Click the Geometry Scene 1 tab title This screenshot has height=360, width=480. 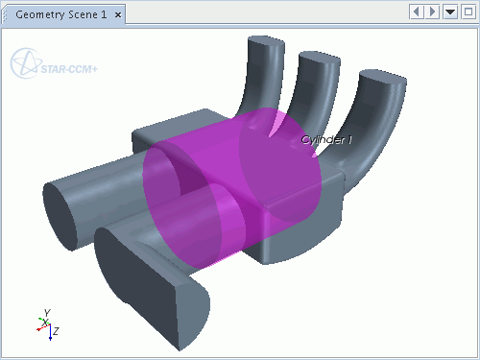(60, 14)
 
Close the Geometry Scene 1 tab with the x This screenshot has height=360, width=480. (118, 15)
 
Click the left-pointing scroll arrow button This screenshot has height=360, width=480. (417, 12)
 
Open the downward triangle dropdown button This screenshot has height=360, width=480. (450, 12)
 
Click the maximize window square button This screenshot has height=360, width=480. (468, 12)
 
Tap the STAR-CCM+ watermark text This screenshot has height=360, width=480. (69, 69)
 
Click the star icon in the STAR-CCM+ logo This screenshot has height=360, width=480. (26, 63)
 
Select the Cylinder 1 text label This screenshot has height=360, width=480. (326, 139)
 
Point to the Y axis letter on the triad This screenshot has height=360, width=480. (47, 312)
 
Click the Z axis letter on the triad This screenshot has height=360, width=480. (56, 331)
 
